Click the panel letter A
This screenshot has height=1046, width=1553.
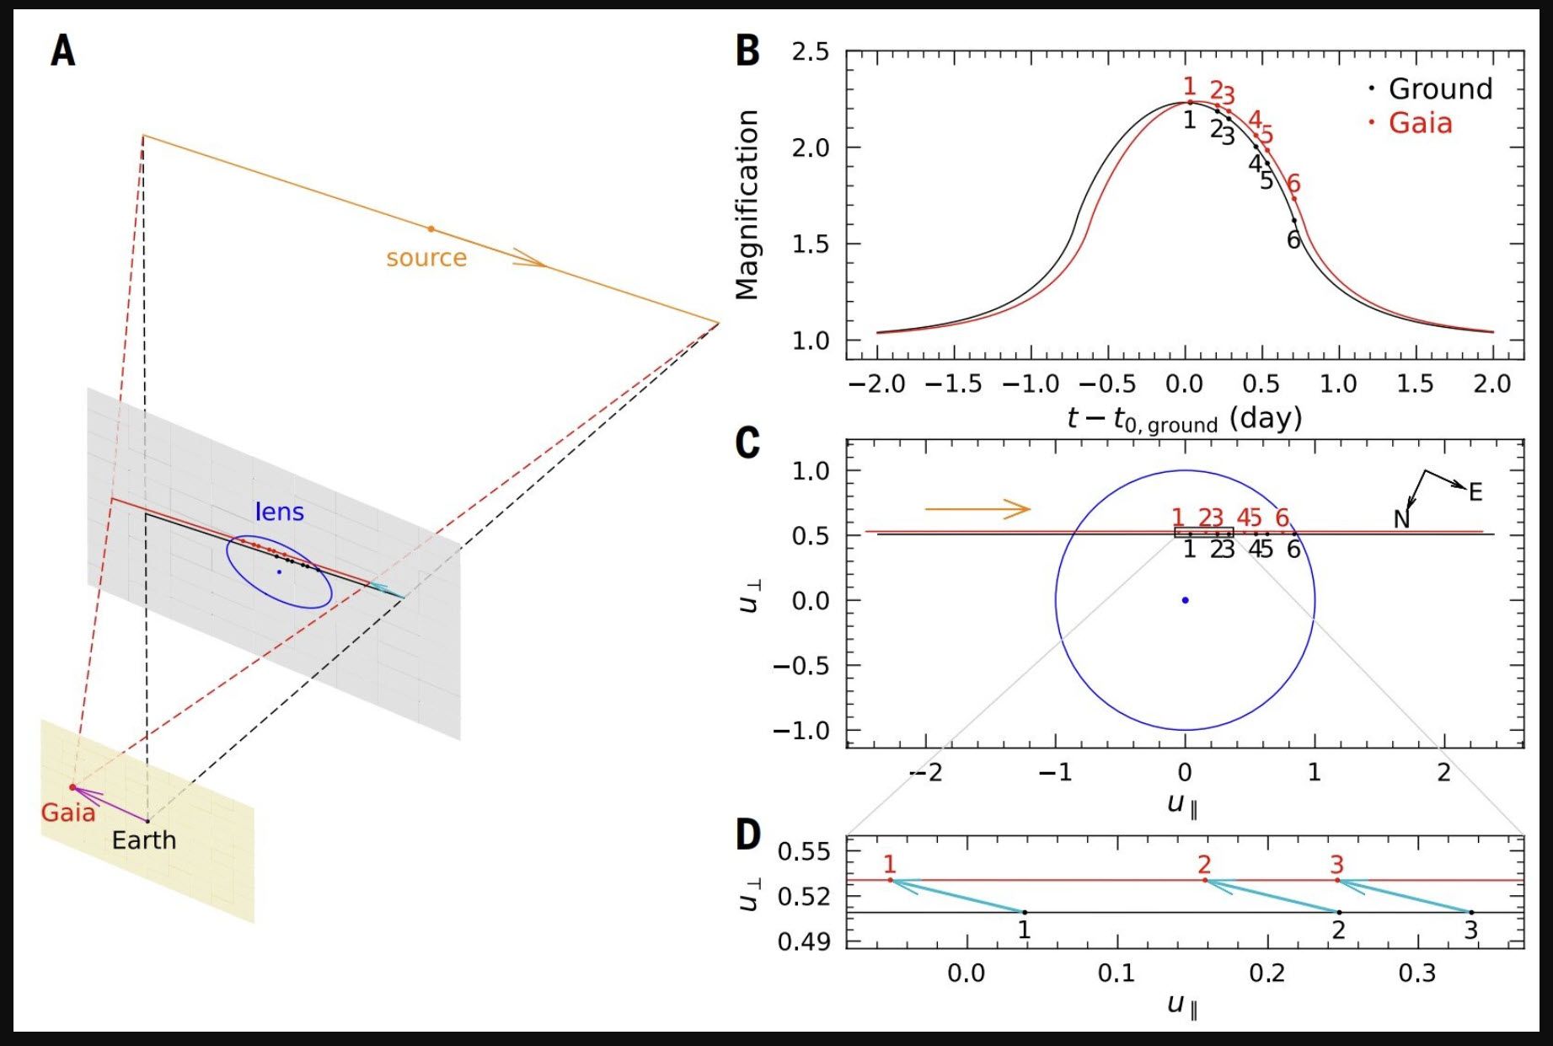(63, 51)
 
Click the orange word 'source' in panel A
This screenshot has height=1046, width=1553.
(426, 257)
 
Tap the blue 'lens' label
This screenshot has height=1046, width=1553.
(279, 512)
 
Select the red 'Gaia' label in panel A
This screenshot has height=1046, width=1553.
(68, 813)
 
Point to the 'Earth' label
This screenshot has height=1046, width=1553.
(144, 840)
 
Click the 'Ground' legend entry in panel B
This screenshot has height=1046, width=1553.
(1440, 89)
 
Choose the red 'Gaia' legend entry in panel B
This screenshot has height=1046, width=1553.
(1420, 123)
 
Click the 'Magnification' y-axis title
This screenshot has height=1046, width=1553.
(747, 205)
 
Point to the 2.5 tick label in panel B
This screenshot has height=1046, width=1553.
(811, 52)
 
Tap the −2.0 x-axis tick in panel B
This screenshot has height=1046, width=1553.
(876, 384)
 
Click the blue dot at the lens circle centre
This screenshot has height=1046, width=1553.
(1185, 600)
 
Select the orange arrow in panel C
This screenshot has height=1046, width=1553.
(977, 508)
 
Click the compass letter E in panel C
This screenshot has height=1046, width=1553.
(1475, 492)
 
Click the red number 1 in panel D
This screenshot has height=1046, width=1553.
(890, 863)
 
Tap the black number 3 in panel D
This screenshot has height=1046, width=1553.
(1471, 931)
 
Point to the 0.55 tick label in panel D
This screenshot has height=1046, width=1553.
(803, 851)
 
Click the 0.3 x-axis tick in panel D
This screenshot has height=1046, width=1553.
(1416, 974)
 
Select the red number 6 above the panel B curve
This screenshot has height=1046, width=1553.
(1293, 183)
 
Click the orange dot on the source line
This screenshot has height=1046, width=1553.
(431, 228)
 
